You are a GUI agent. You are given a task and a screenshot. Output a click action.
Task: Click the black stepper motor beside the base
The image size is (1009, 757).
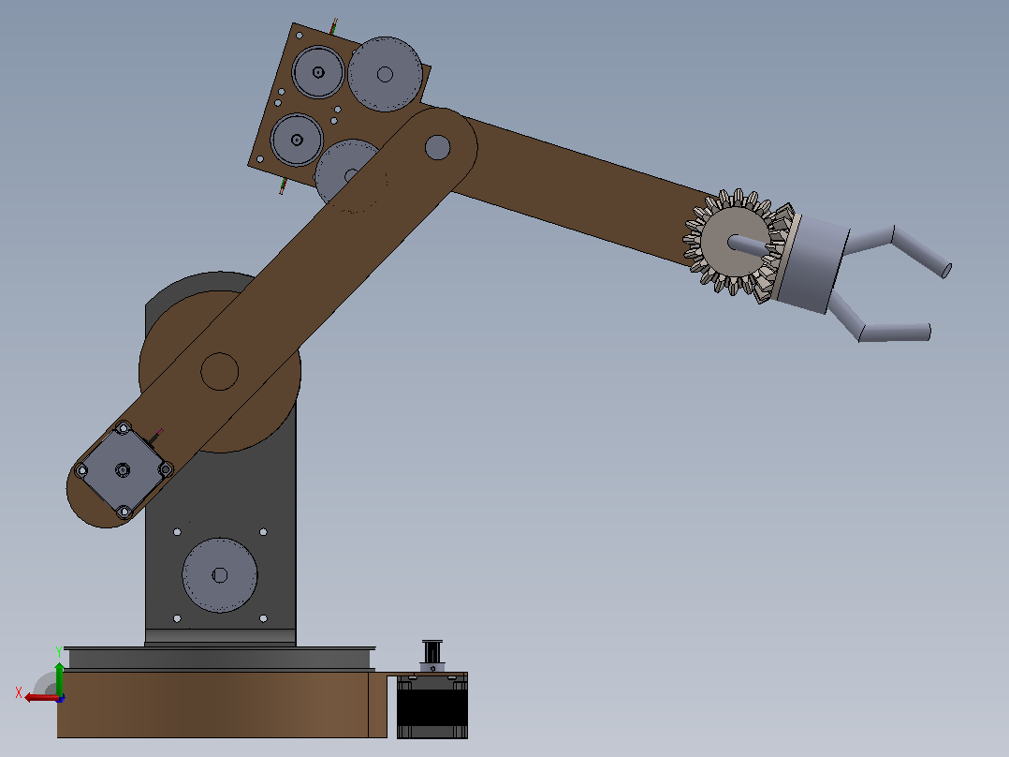pyautogui.click(x=431, y=705)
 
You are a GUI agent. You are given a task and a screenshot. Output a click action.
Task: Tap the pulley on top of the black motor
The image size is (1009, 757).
pyautogui.click(x=431, y=653)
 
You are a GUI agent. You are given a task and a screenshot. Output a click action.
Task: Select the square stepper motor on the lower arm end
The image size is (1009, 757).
pyautogui.click(x=123, y=469)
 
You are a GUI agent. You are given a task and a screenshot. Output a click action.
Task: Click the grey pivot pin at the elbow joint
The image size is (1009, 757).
pyautogui.click(x=438, y=147)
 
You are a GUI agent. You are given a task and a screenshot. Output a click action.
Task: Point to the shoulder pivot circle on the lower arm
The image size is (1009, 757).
pyautogui.click(x=219, y=371)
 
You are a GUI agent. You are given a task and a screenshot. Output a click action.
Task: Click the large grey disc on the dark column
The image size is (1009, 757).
pyautogui.click(x=219, y=575)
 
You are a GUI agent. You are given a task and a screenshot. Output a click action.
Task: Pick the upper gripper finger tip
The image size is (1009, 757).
pyautogui.click(x=946, y=271)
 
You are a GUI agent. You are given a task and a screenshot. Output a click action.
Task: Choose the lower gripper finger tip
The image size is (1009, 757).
pyautogui.click(x=928, y=331)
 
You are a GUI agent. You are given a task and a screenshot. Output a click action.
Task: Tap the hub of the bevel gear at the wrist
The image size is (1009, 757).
pyautogui.click(x=734, y=241)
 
